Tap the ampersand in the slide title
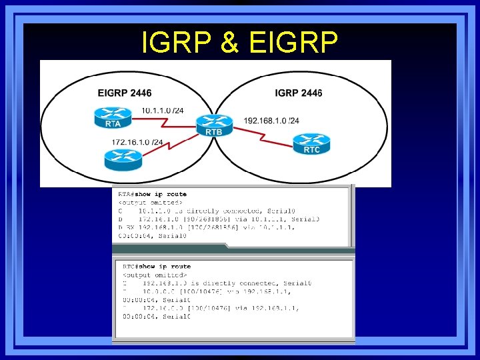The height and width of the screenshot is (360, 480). (228, 43)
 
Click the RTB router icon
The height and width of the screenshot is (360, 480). (213, 125)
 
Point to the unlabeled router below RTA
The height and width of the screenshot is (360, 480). (123, 159)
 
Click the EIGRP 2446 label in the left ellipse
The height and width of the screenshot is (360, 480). (124, 93)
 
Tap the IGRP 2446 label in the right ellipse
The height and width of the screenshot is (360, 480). (298, 93)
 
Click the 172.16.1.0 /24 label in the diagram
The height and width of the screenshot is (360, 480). (137, 142)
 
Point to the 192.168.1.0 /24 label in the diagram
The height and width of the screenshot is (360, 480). (271, 121)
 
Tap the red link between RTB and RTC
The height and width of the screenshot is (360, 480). (263, 135)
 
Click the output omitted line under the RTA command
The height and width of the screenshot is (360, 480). (149, 202)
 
